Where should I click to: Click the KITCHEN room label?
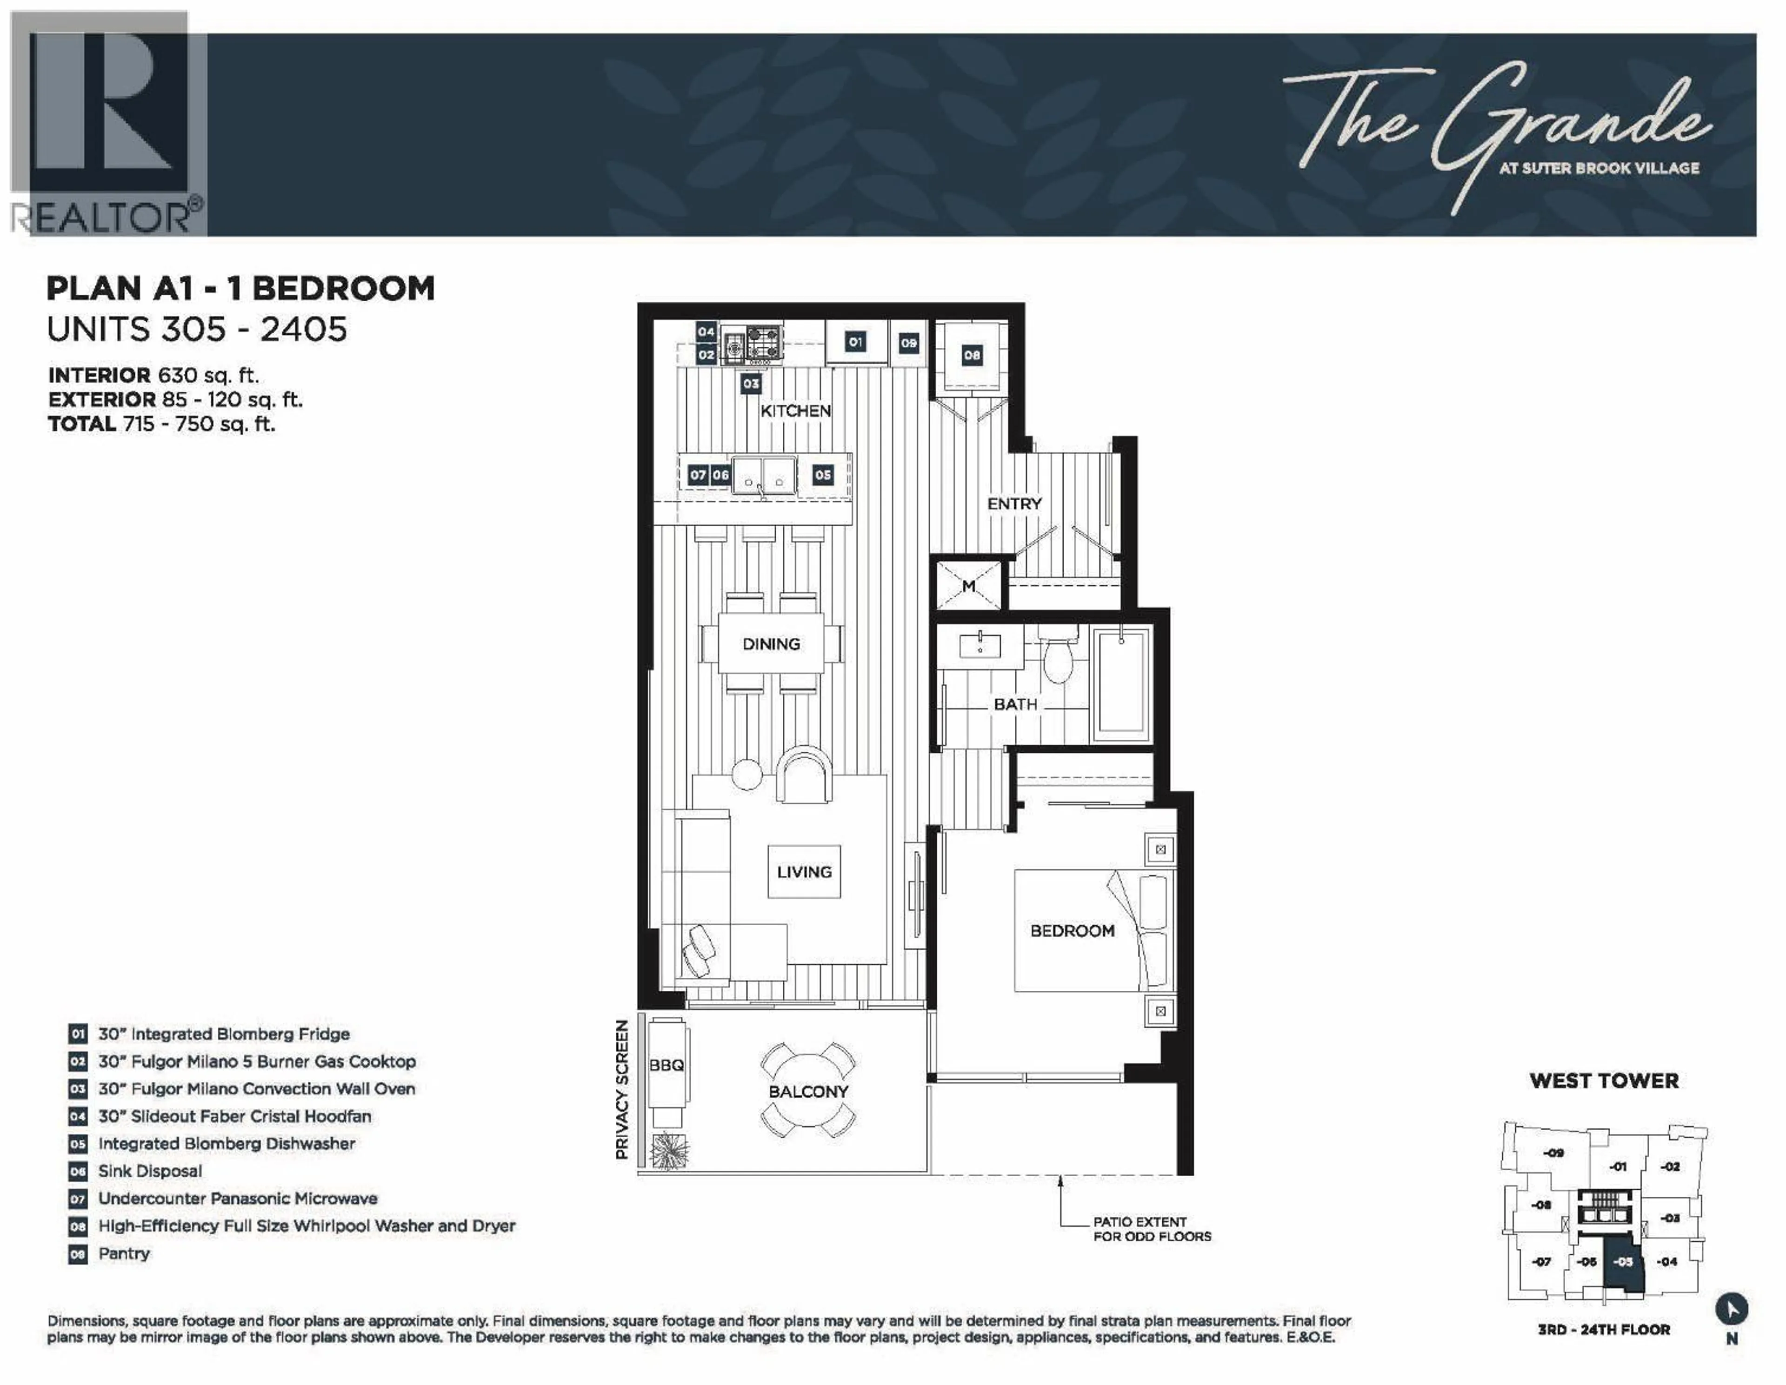(795, 411)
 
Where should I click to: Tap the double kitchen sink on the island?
(763, 475)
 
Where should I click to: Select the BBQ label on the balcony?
(666, 1065)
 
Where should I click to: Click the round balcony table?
(808, 1091)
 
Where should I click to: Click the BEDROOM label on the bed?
(1071, 930)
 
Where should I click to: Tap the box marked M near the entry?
(968, 585)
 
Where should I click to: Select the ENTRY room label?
(1014, 504)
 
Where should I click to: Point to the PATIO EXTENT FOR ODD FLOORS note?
(1152, 1229)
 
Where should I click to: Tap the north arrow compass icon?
(1731, 1309)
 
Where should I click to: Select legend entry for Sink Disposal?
(150, 1171)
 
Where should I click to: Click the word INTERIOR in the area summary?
(99, 375)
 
